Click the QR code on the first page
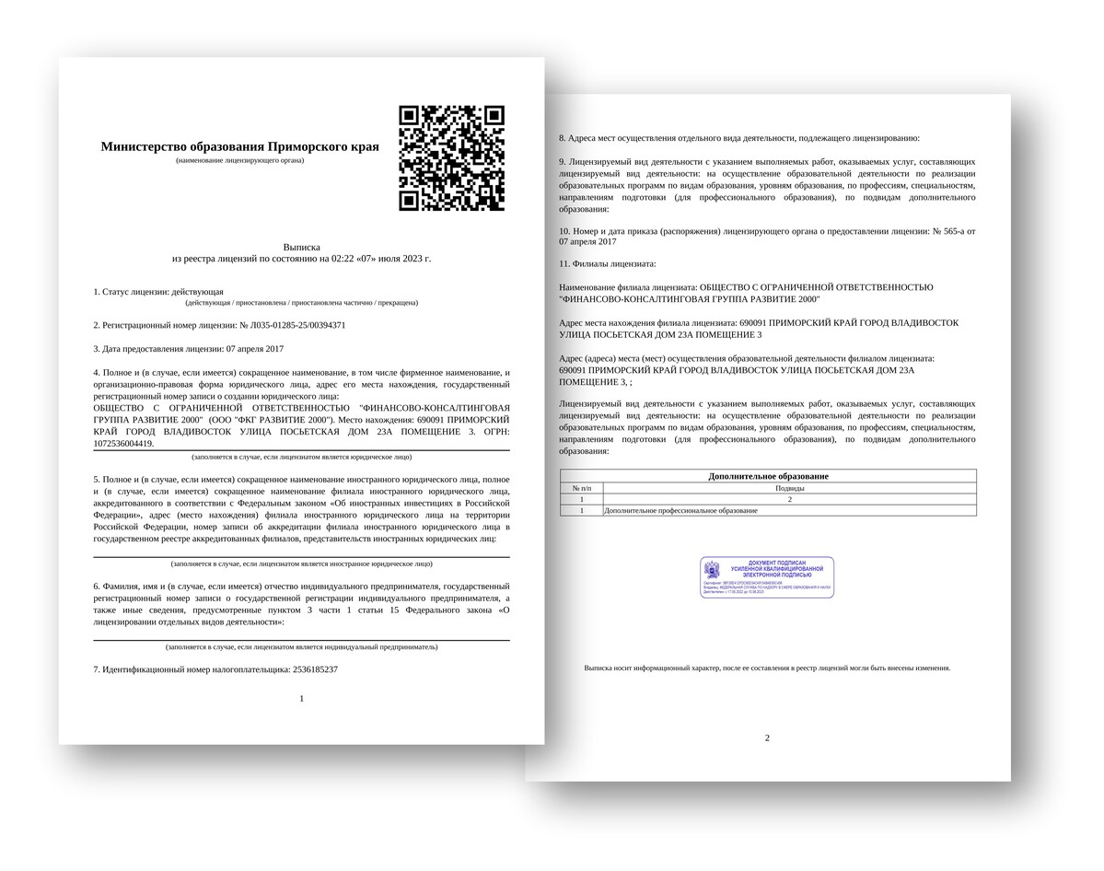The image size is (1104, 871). pyautogui.click(x=451, y=157)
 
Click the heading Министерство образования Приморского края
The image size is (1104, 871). pyautogui.click(x=239, y=146)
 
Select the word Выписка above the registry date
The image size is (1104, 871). pyautogui.click(x=301, y=247)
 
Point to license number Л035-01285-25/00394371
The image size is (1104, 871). pyautogui.click(x=292, y=325)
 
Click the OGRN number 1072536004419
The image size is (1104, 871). pyautogui.click(x=123, y=444)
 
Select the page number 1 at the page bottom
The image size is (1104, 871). pyautogui.click(x=301, y=699)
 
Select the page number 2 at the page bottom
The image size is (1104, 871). pyautogui.click(x=767, y=737)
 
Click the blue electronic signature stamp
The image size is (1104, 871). pyautogui.click(x=767, y=577)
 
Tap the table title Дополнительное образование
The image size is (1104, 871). pyautogui.click(x=768, y=476)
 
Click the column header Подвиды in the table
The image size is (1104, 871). pyautogui.click(x=789, y=488)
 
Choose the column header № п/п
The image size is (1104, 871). pyautogui.click(x=581, y=488)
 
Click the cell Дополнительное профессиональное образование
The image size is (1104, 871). pyautogui.click(x=680, y=510)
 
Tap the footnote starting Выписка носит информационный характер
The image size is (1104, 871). pyautogui.click(x=767, y=668)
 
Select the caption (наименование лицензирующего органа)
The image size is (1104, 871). pyautogui.click(x=239, y=160)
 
